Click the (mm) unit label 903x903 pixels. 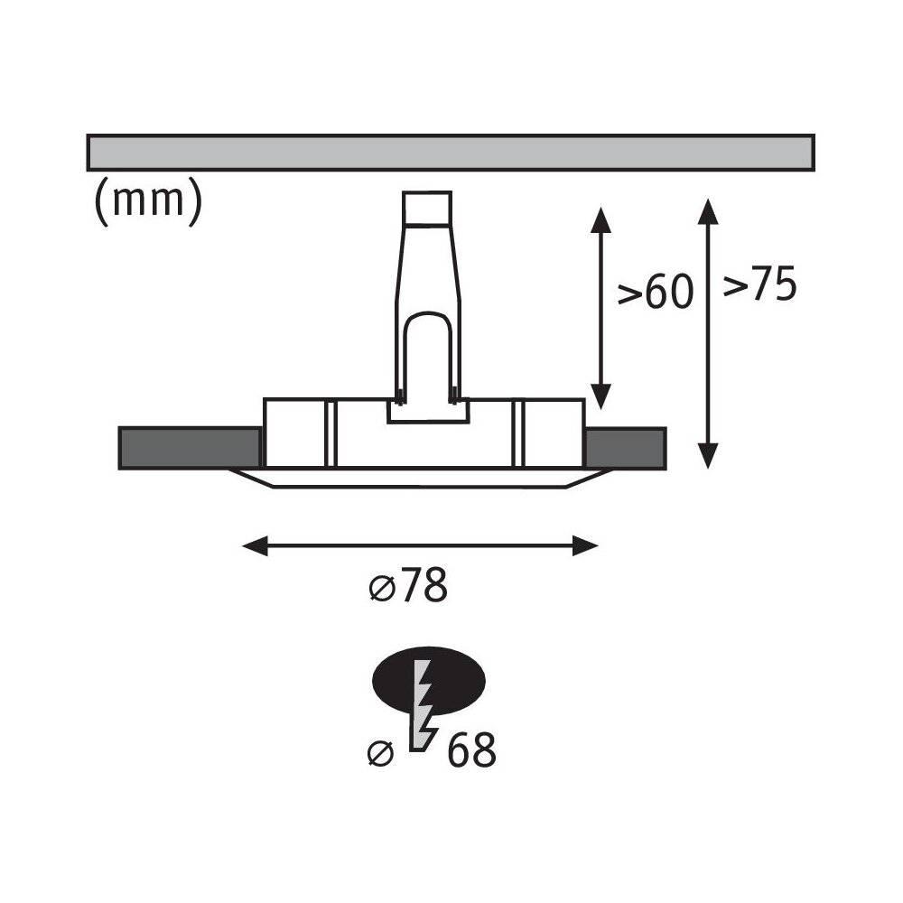[149, 201]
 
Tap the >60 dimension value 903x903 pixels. [656, 292]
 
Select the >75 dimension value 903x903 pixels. [759, 284]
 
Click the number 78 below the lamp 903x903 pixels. [425, 585]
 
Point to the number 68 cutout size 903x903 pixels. [471, 749]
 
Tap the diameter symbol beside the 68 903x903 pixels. [381, 753]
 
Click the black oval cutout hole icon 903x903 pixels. [429, 680]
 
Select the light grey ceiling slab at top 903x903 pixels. [451, 153]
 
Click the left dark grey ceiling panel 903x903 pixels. [190, 448]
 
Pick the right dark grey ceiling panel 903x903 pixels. [627, 448]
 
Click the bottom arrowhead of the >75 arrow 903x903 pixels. [708, 456]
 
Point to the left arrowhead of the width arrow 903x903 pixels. [256, 545]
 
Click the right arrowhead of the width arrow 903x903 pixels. [585, 545]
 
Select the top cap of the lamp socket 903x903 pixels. [427, 208]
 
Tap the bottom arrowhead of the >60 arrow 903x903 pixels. [600, 397]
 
